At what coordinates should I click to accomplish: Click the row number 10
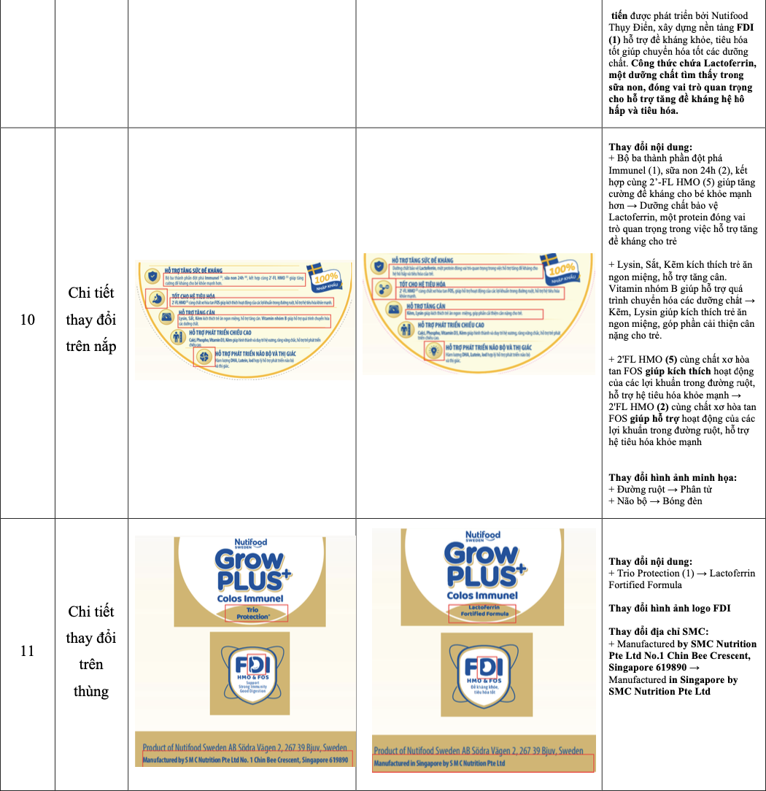(27, 320)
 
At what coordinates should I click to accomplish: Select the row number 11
(27, 651)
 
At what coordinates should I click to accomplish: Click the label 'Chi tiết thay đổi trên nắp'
(91, 320)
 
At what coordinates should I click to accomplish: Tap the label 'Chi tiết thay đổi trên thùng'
(91, 651)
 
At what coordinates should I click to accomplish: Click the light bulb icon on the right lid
(434, 350)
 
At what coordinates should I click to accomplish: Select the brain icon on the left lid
(204, 357)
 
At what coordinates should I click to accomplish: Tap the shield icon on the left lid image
(152, 275)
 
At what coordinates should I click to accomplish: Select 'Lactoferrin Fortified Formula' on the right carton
(481, 614)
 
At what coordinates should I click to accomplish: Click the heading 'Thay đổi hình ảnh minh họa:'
(673, 477)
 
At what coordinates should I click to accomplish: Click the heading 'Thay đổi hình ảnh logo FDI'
(670, 609)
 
